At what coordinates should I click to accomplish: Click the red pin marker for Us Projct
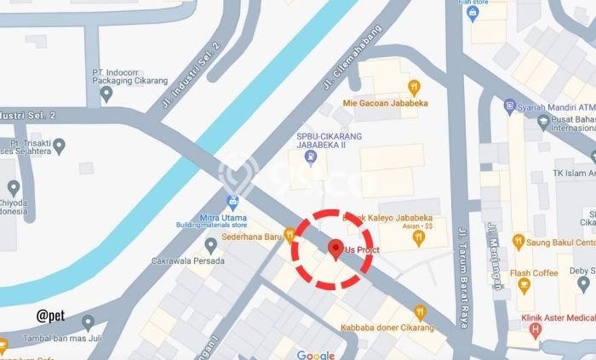pos(335,249)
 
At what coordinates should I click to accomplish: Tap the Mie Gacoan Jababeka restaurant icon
pos(414,87)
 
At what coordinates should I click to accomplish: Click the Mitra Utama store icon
pos(232,202)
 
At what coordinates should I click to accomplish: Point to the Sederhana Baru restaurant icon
pos(289,233)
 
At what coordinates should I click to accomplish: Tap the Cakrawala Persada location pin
pos(210,245)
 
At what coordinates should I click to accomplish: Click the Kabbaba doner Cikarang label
pos(387,328)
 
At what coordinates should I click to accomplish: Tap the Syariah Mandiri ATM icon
pos(509,106)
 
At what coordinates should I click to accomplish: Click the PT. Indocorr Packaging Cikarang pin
pos(106,93)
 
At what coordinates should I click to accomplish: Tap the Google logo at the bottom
pos(315,354)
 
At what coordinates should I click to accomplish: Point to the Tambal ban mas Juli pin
pos(89,323)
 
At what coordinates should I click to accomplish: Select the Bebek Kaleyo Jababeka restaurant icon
pos(417,238)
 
